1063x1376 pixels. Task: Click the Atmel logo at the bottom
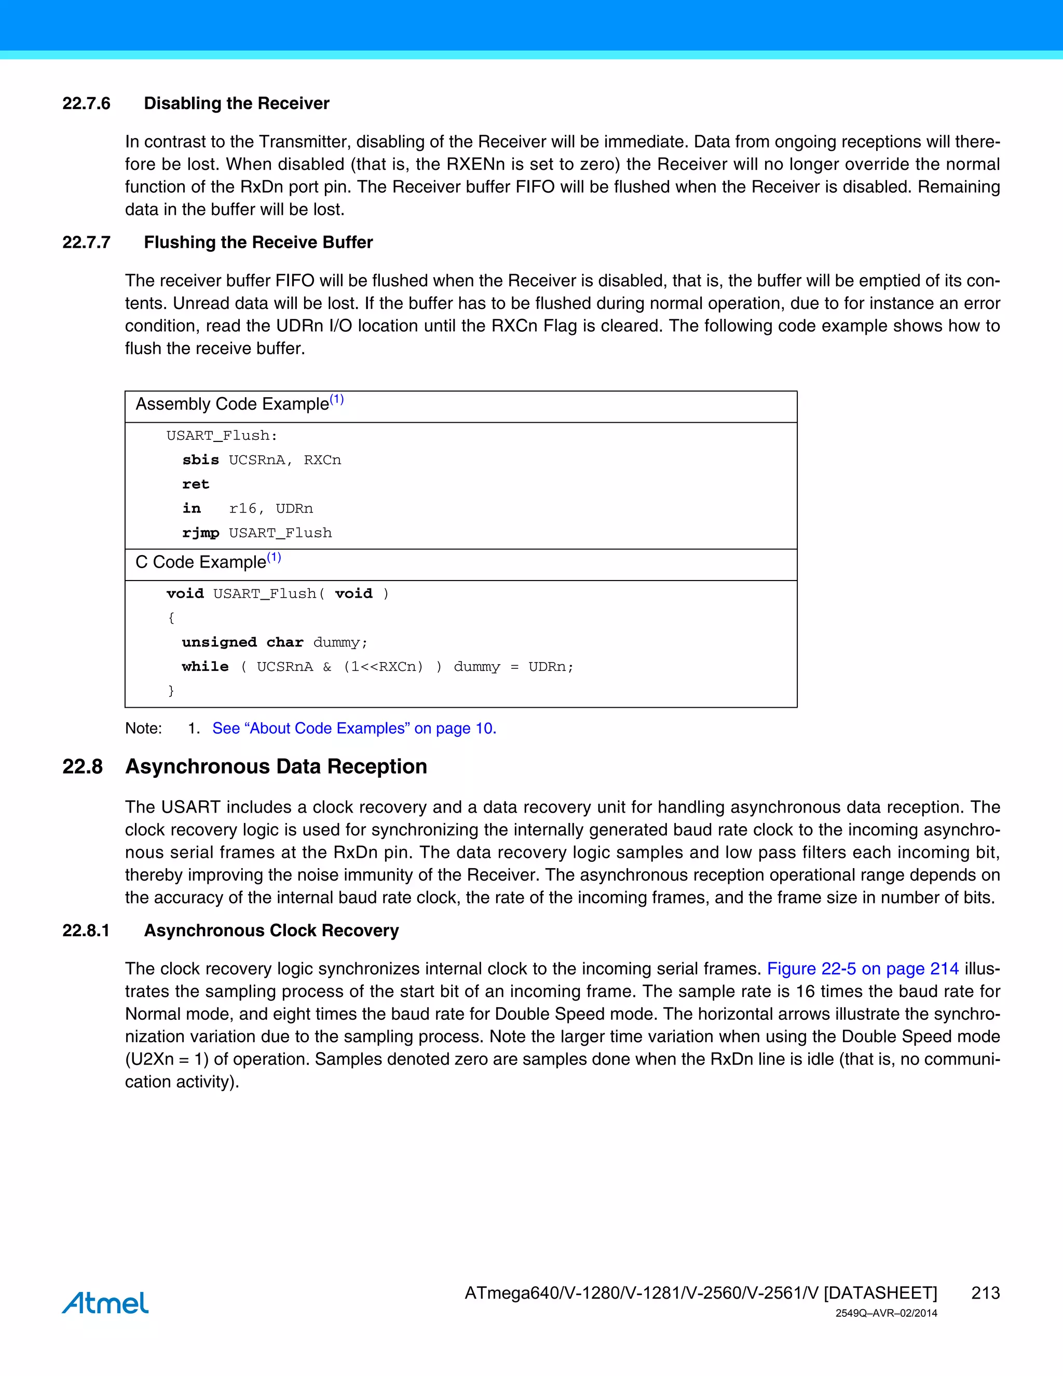pos(105,1303)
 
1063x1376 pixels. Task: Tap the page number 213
pos(985,1293)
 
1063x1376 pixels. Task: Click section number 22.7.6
pos(86,103)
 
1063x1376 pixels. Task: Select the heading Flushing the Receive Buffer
pos(258,242)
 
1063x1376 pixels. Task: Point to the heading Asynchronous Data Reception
pos(276,767)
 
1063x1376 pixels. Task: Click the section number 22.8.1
pos(86,930)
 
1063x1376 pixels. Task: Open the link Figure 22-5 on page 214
pos(862,968)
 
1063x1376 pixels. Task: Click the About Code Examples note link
pos(354,729)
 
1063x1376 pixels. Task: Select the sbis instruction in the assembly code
pos(200,460)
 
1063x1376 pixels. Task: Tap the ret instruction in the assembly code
pos(195,484)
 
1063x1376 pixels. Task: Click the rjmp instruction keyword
pos(200,533)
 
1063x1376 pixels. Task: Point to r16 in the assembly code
pos(243,509)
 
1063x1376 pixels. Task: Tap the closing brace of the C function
pos(171,691)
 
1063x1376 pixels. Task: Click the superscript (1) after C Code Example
pos(274,558)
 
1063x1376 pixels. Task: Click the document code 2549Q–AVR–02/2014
pos(886,1314)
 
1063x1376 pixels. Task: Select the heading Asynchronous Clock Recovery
pos(271,930)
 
